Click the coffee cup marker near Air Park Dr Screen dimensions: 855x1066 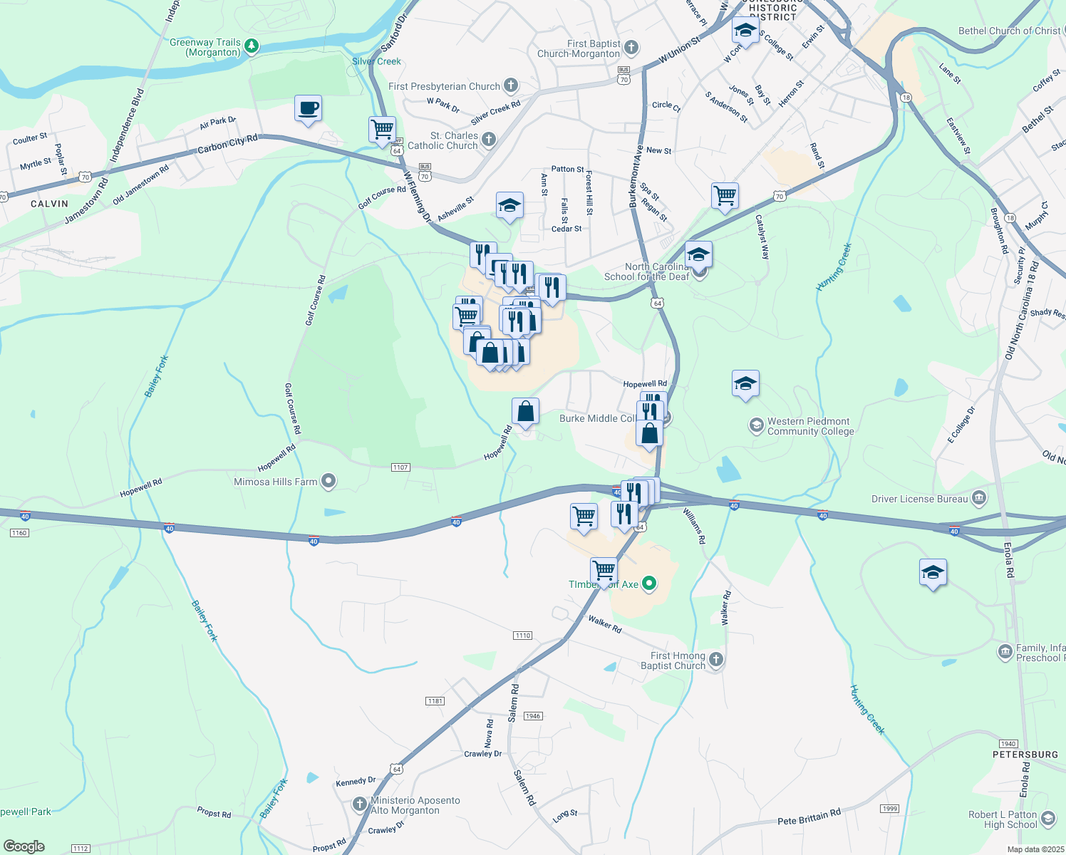tap(308, 109)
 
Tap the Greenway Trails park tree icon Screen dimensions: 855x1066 tap(251, 47)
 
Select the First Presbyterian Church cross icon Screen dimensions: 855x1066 tap(510, 86)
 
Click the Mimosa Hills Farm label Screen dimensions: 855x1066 tap(276, 482)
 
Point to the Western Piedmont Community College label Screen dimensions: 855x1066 tap(809, 426)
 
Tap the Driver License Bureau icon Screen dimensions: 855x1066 tap(979, 498)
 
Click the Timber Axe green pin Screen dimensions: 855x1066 tap(648, 584)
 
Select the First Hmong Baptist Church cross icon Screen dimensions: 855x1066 tap(716, 660)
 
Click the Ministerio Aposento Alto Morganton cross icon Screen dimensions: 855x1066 tap(360, 805)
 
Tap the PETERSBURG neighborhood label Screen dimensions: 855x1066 tap(1025, 754)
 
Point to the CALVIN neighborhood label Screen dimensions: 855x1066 tap(49, 204)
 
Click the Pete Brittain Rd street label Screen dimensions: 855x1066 tap(809, 817)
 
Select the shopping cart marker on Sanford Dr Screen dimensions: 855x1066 tap(383, 130)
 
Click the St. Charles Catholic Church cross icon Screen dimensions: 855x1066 tap(488, 140)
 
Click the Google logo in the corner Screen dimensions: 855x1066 tap(24, 846)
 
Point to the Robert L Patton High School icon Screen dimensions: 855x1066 tap(1047, 819)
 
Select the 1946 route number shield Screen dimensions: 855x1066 tap(533, 715)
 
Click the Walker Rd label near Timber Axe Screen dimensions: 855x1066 tap(605, 624)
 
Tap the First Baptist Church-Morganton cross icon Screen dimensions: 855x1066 tap(631, 48)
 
